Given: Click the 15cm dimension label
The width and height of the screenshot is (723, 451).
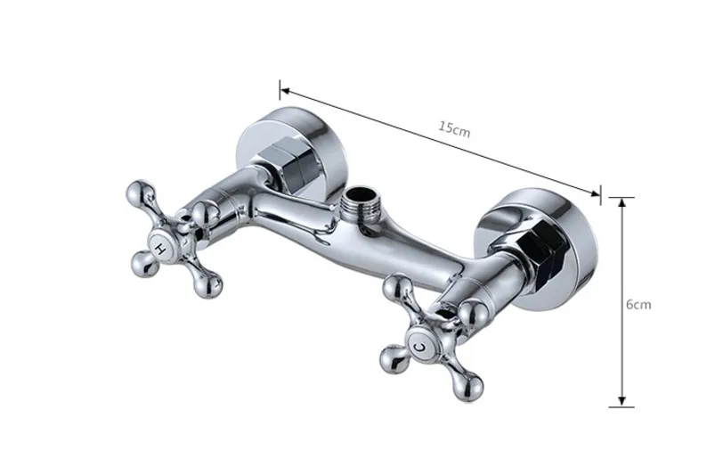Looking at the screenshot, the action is [x=454, y=128].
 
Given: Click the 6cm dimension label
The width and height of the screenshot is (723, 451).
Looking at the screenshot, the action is [x=638, y=305].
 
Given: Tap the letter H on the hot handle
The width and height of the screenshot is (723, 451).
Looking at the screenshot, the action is [x=160, y=248].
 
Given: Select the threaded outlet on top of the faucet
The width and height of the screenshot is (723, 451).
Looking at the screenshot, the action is [x=361, y=203].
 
